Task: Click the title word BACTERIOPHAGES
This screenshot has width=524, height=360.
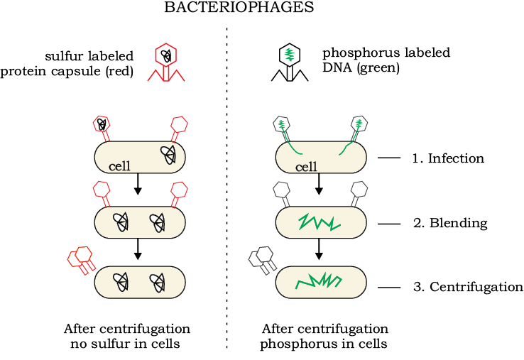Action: (x=239, y=7)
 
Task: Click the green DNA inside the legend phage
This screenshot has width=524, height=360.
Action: (x=290, y=54)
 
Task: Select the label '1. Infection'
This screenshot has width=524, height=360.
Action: (x=448, y=158)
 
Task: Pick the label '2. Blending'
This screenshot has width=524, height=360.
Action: (x=450, y=223)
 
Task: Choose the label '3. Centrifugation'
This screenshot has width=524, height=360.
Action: (x=468, y=287)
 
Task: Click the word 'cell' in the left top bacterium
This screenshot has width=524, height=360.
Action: (x=119, y=166)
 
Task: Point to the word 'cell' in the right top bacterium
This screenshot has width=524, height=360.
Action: (x=306, y=166)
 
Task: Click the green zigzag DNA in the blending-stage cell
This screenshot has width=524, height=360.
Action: (x=319, y=223)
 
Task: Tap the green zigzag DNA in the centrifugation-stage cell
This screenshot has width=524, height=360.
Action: (x=318, y=281)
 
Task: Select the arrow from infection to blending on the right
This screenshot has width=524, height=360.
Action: (x=319, y=184)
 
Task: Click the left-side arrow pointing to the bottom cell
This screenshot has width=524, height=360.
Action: (x=138, y=249)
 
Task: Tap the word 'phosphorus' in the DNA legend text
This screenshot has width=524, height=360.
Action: (x=361, y=53)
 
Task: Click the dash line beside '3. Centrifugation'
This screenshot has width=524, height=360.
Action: (x=389, y=288)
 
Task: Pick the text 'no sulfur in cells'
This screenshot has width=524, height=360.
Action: (x=125, y=344)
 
